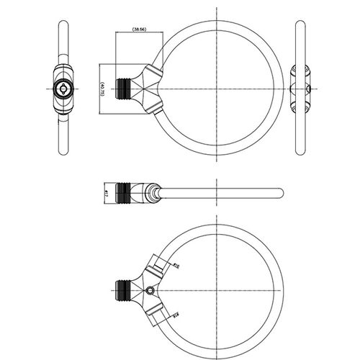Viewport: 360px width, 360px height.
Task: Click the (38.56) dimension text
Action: (140, 29)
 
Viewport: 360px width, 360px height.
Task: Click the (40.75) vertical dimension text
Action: (105, 88)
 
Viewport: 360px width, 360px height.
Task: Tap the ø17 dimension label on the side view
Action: (106, 193)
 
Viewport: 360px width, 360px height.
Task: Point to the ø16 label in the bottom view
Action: (176, 267)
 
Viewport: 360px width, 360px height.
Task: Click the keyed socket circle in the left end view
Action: (62, 89)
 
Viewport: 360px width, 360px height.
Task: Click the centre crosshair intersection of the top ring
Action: (217, 88)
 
